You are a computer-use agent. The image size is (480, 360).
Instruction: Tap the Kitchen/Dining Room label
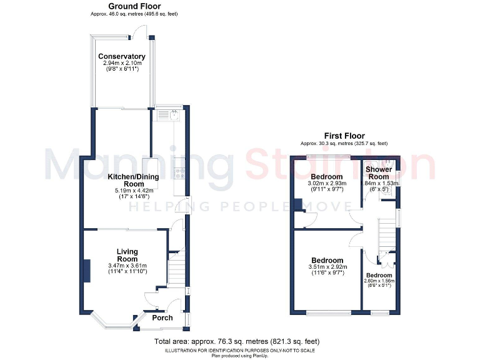pyautogui.click(x=133, y=181)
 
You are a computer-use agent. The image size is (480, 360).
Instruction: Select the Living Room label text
pyautogui.click(x=127, y=256)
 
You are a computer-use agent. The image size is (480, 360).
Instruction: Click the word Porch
pyautogui.click(x=162, y=318)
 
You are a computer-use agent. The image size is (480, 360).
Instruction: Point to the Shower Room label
pyautogui.click(x=378, y=173)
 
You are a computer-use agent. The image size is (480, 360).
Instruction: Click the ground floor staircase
pyautogui.click(x=176, y=266)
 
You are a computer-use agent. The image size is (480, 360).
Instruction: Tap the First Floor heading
pyautogui.click(x=344, y=136)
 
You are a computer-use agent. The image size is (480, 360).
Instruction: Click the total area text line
pyautogui.click(x=237, y=342)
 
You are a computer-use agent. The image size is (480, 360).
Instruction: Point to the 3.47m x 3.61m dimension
pyautogui.click(x=127, y=266)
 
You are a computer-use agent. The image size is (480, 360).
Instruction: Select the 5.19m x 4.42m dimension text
pyautogui.click(x=133, y=190)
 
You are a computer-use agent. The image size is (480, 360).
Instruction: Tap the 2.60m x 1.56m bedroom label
pyautogui.click(x=379, y=281)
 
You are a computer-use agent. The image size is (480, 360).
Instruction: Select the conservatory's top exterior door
pyautogui.click(x=144, y=29)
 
